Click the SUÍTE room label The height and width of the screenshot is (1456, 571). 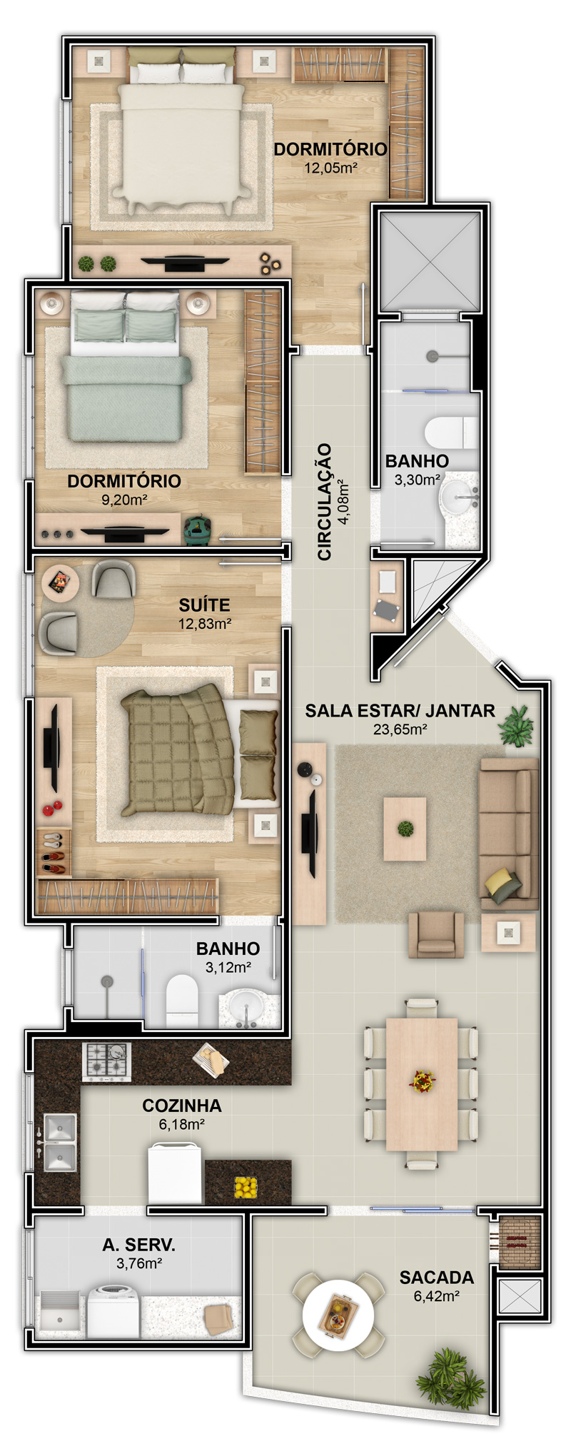tap(204, 605)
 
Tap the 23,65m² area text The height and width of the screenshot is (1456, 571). tap(400, 729)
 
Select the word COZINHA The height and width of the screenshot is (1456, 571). tap(182, 1106)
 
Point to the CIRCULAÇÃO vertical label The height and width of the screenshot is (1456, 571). tap(325, 501)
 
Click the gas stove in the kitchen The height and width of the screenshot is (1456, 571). tap(107, 1061)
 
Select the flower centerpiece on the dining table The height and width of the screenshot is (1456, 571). tap(423, 1081)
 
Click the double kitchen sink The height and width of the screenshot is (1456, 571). tap(60, 1143)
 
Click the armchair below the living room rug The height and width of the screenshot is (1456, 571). tap(435, 934)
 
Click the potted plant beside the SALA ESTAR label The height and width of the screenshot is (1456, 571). tap(516, 726)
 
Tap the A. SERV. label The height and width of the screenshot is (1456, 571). tap(138, 1245)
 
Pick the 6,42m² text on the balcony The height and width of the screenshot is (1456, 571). tap(436, 1295)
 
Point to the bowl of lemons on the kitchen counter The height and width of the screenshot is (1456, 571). tap(246, 1187)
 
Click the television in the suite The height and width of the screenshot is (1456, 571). tap(51, 747)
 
